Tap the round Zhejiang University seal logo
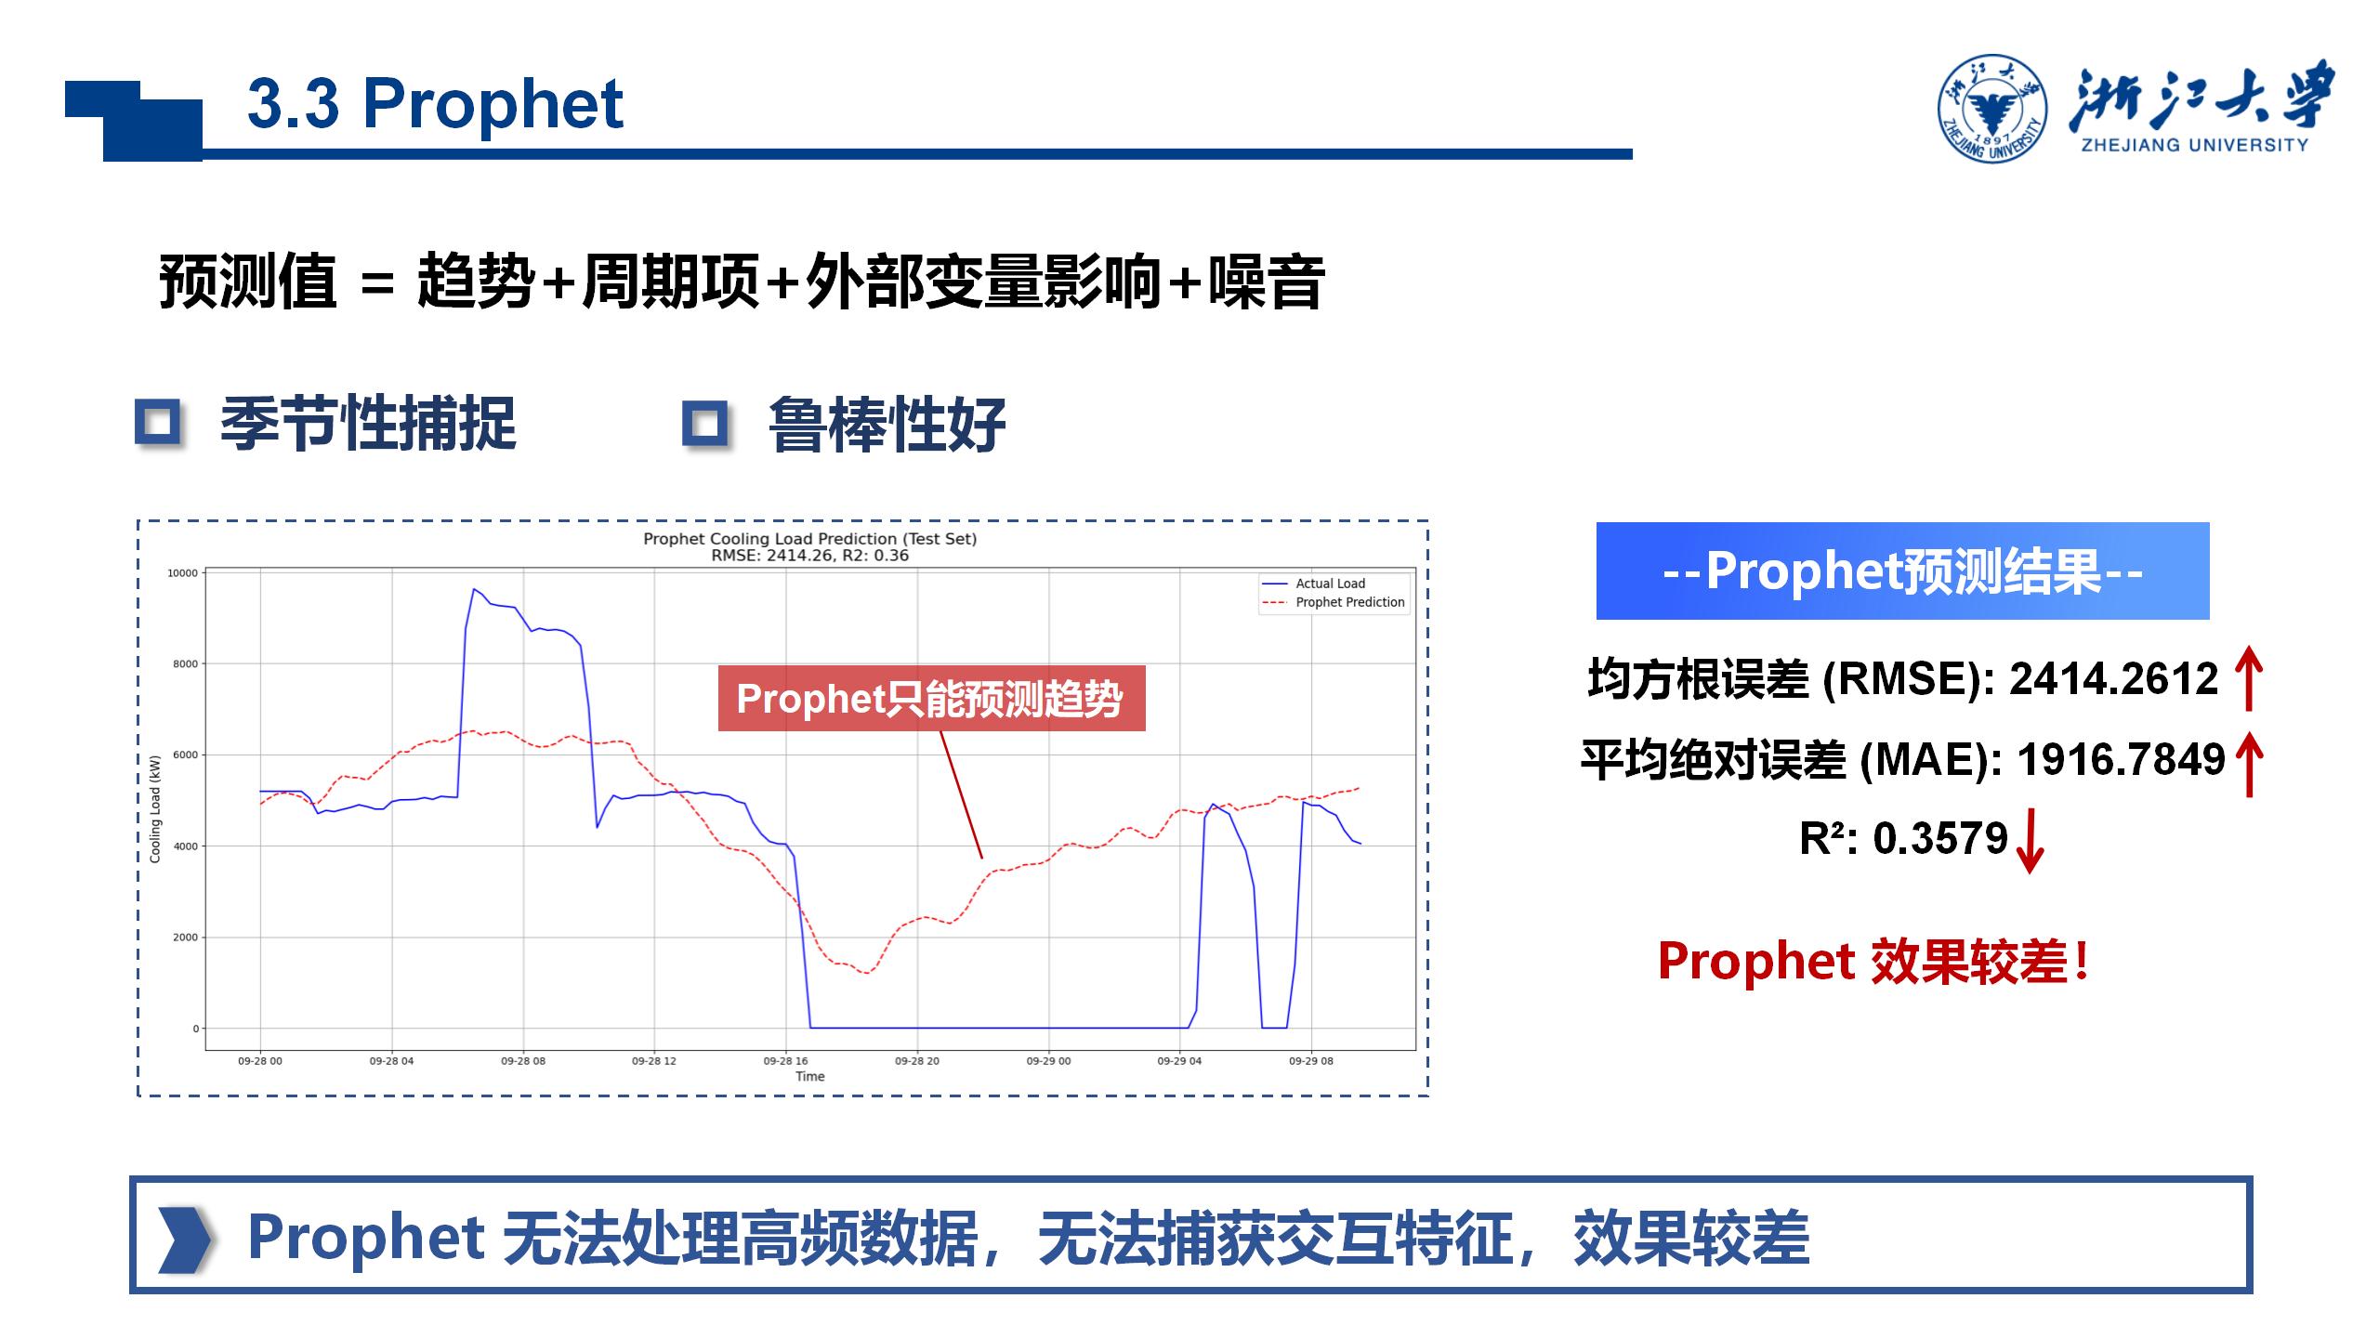click(1992, 108)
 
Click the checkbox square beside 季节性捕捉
click(158, 423)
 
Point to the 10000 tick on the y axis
click(182, 573)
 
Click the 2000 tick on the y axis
click(185, 938)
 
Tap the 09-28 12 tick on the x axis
click(654, 1060)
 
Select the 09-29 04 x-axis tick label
click(1179, 1060)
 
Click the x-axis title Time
click(809, 1076)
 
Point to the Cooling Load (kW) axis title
click(155, 808)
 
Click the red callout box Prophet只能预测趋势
click(931, 698)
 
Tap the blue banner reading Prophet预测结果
click(1902, 571)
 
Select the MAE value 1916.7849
click(2122, 759)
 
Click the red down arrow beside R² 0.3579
click(2031, 841)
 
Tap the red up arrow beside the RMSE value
click(2249, 678)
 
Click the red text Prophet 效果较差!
click(1873, 961)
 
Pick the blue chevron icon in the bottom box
click(185, 1240)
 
